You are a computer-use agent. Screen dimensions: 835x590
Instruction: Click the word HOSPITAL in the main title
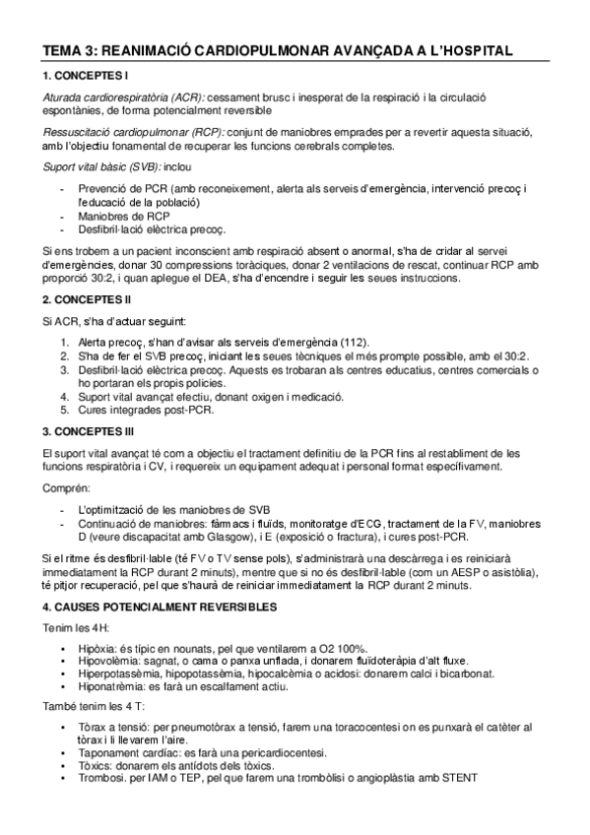point(467,50)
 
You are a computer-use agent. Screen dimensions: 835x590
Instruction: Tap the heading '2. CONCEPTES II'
point(86,298)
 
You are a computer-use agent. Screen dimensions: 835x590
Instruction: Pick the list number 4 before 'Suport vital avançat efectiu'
point(65,397)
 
